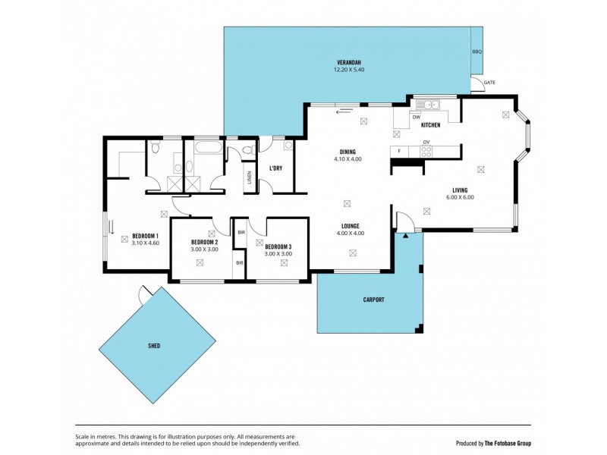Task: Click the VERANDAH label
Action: pos(349,61)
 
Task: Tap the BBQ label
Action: pos(476,52)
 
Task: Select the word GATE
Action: pos(489,81)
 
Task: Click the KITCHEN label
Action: pos(431,125)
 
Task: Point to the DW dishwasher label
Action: pos(416,118)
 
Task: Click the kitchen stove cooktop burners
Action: pos(426,151)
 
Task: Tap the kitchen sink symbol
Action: pos(433,105)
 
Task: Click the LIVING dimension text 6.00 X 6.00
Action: pos(460,197)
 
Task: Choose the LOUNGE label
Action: pos(350,225)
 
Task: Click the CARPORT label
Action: pos(373,300)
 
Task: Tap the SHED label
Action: pos(154,345)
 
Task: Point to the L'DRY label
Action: pos(275,168)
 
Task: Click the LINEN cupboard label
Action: pos(250,178)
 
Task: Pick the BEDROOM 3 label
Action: pos(278,246)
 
